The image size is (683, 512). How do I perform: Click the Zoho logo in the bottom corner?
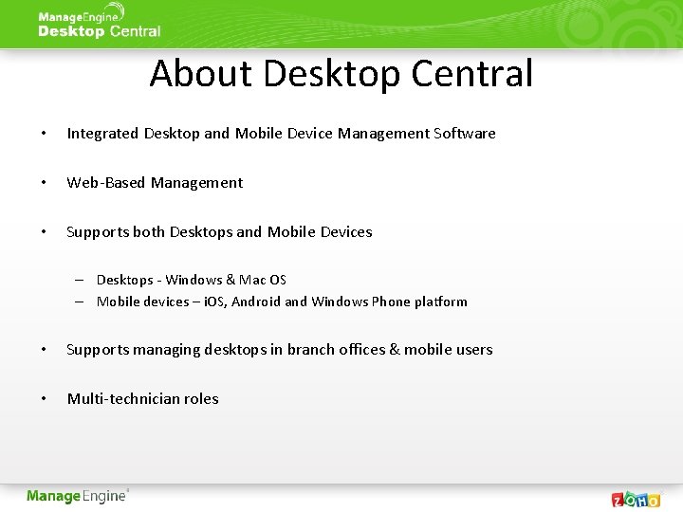(x=636, y=499)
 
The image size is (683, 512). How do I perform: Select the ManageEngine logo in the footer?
(x=77, y=496)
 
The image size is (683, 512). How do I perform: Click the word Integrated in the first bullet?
(x=102, y=134)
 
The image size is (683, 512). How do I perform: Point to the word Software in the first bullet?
(x=465, y=134)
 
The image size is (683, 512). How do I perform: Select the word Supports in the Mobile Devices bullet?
(x=98, y=232)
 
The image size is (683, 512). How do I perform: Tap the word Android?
(x=256, y=302)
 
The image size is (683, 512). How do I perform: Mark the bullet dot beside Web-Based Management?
(x=44, y=183)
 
